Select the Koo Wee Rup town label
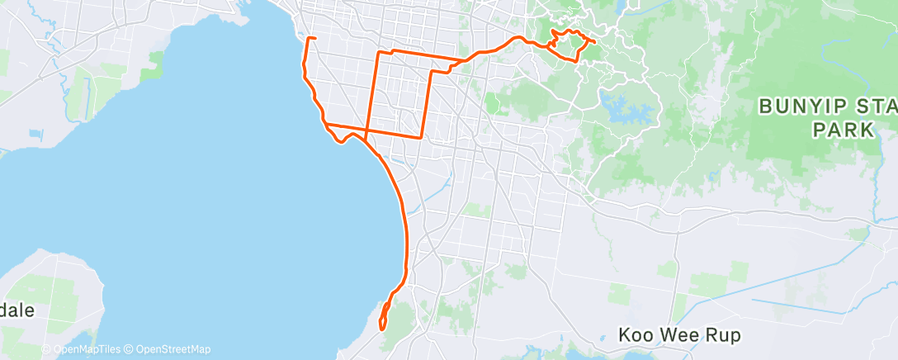679,335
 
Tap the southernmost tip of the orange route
382,329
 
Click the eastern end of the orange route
595,41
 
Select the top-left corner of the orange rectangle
379,53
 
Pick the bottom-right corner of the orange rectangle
423,136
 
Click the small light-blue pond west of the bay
35,132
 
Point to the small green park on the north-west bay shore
154,61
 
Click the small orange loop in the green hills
568,45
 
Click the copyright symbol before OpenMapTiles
46,350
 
